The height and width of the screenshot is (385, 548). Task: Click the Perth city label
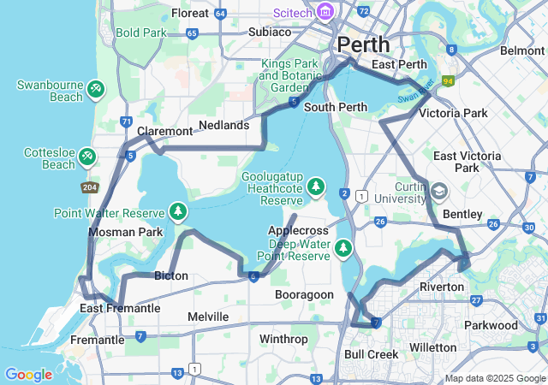pyautogui.click(x=364, y=44)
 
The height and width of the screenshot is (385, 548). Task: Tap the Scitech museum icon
pyautogui.click(x=325, y=12)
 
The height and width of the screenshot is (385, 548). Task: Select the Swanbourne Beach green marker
pyautogui.click(x=96, y=87)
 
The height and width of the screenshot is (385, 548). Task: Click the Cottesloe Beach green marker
pyautogui.click(x=86, y=157)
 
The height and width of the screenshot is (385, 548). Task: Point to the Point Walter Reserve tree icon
pyautogui.click(x=178, y=211)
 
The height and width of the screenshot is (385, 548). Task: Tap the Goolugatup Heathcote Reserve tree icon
pyautogui.click(x=316, y=187)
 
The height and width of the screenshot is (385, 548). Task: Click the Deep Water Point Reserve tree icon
pyautogui.click(x=343, y=248)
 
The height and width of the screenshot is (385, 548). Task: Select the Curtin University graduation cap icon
pyautogui.click(x=440, y=190)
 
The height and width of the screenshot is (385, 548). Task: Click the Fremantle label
pyautogui.click(x=97, y=340)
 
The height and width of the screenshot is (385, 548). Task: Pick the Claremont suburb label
pyautogui.click(x=165, y=131)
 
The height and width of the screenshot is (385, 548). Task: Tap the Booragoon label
pyautogui.click(x=304, y=293)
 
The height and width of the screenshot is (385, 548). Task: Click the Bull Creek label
pyautogui.click(x=371, y=353)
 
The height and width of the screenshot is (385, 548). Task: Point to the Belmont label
pyautogui.click(x=522, y=50)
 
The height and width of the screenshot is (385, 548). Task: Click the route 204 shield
pyautogui.click(x=90, y=187)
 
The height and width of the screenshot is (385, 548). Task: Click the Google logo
pyautogui.click(x=28, y=374)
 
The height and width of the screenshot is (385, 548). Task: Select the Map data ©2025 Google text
pyautogui.click(x=494, y=378)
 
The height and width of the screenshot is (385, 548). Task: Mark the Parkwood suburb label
pyautogui.click(x=490, y=325)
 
